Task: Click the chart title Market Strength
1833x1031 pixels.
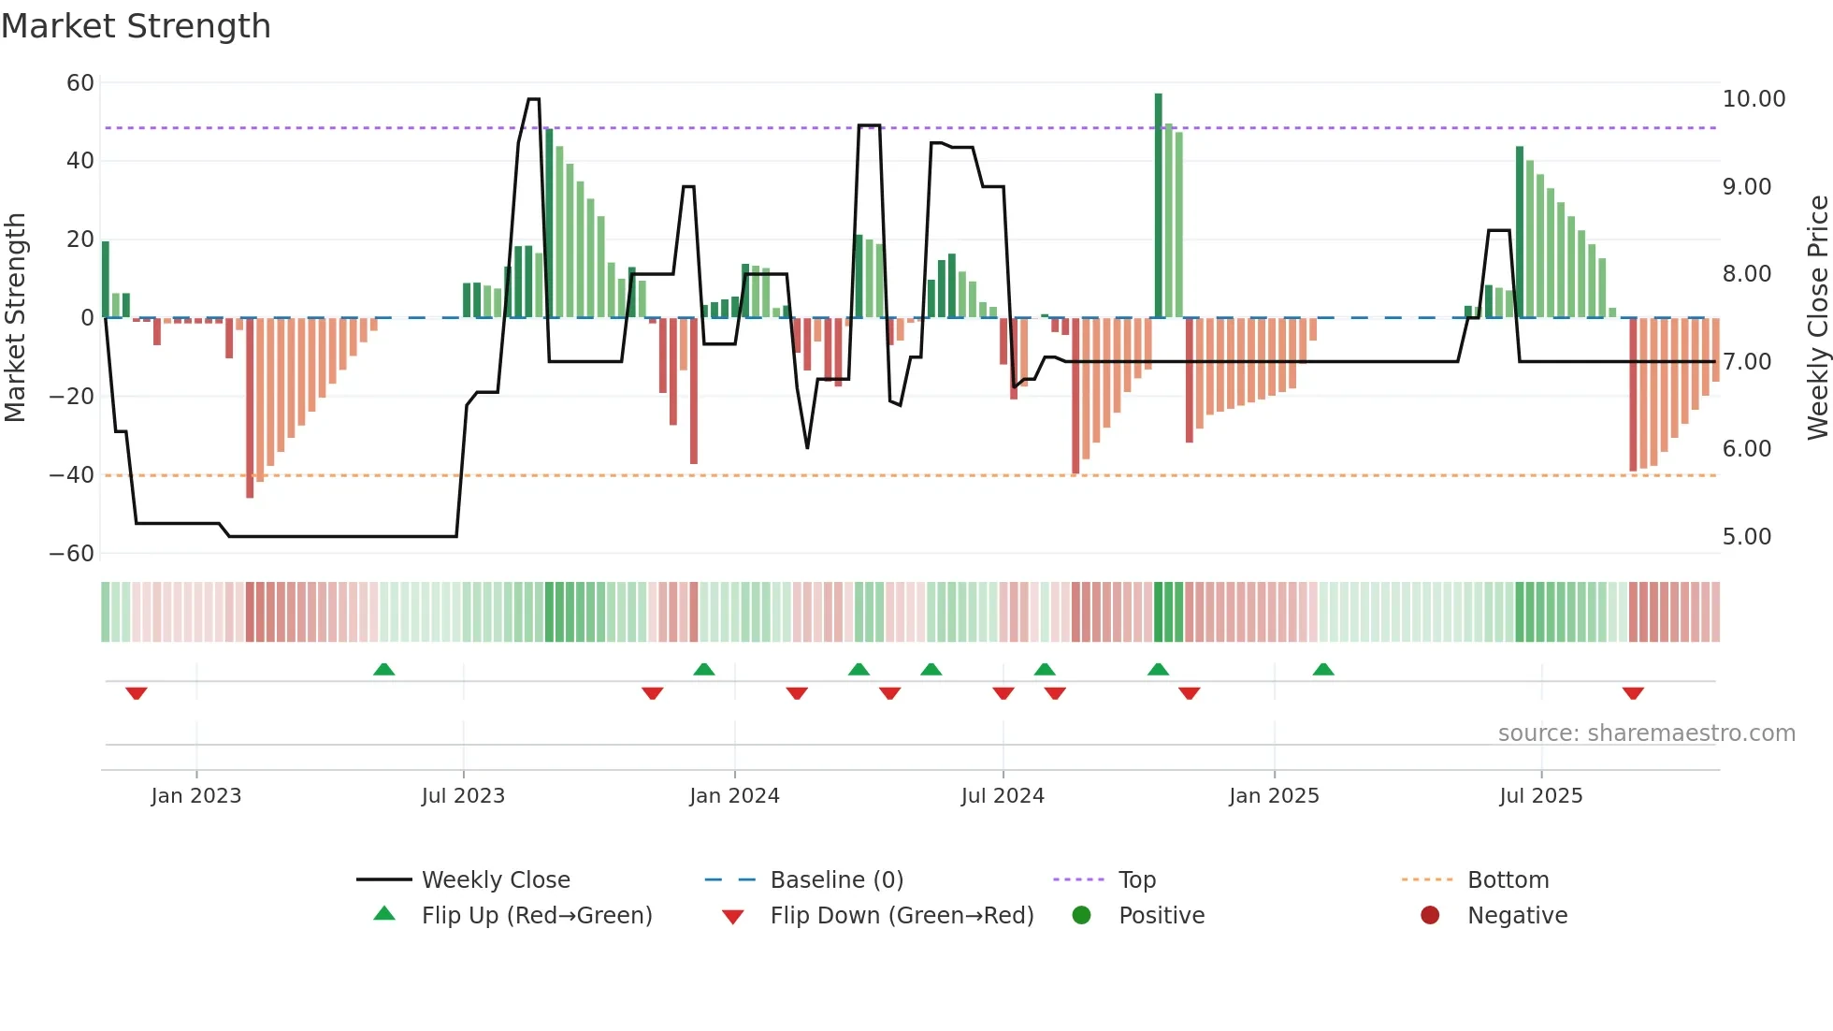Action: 136,26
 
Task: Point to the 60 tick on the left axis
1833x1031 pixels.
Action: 80,83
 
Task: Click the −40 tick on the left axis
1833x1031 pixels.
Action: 72,475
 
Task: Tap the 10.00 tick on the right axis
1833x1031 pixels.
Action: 1754,99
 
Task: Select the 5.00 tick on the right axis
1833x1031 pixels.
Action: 1746,537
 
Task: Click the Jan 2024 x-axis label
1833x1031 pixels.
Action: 734,796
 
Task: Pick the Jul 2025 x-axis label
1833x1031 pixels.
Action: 1540,796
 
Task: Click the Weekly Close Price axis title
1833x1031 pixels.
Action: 1817,318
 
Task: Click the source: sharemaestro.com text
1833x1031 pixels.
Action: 1646,733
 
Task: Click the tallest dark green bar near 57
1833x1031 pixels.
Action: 1158,206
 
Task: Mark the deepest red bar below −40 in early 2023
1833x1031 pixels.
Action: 250,408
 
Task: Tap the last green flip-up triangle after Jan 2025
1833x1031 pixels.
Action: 1322,669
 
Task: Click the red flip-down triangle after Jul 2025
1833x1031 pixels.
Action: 1633,693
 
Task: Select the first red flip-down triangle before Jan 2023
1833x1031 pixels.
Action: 137,693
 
